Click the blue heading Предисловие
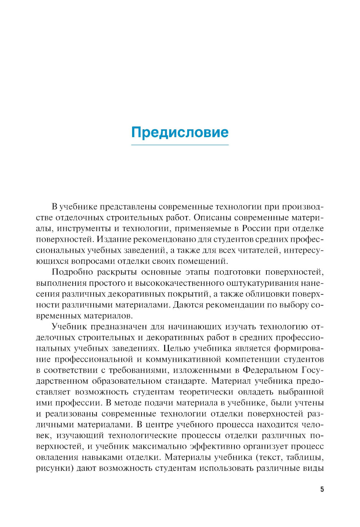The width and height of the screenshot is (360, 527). tap(180, 132)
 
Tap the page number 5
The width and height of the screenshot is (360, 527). tap(322, 490)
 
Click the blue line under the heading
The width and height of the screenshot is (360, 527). tap(180, 145)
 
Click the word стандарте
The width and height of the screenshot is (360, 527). tap(186, 381)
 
